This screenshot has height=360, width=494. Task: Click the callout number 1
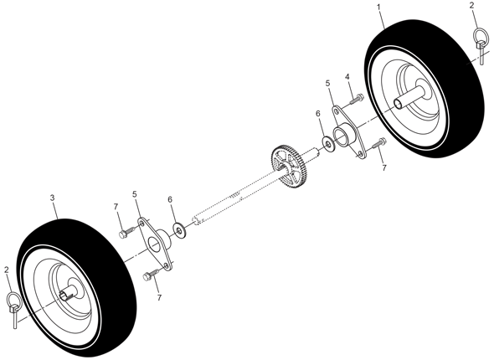[x=379, y=7]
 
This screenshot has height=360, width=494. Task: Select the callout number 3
[x=52, y=198]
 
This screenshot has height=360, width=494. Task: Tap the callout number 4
[x=347, y=76]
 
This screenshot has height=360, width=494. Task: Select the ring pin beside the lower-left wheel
[x=13, y=309]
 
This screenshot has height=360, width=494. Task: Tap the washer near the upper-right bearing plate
[x=328, y=145]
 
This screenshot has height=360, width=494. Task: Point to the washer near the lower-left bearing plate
[x=179, y=231]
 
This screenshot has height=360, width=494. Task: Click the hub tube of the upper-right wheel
[x=410, y=98]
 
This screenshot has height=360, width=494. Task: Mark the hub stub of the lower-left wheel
[x=69, y=293]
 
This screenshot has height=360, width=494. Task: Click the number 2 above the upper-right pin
[x=471, y=5]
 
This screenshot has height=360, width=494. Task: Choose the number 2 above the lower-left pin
[x=7, y=270]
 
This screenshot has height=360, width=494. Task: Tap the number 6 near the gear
[x=318, y=113]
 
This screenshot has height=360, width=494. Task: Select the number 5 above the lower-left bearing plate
[x=135, y=194]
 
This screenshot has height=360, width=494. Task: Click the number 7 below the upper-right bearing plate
[x=384, y=168]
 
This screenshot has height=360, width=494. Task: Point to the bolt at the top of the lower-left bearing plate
[x=127, y=232]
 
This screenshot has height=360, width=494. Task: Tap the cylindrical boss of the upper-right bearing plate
[x=345, y=135]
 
